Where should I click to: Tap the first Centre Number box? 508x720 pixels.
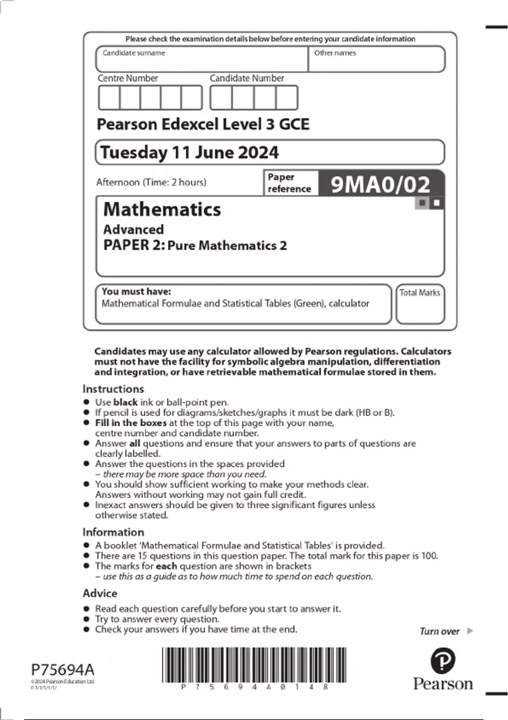[109, 98]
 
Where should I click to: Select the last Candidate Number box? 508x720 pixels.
[287, 98]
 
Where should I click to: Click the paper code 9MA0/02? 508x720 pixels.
[380, 184]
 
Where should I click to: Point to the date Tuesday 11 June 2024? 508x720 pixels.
[189, 152]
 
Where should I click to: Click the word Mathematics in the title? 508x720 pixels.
[162, 209]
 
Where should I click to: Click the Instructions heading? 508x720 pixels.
[113, 389]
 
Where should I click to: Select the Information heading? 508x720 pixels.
[113, 532]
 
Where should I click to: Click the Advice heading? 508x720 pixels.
[100, 593]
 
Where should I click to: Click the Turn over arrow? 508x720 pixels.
[469, 631]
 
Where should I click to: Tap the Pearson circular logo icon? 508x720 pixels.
[442, 661]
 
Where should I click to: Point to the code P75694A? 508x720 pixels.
[63, 670]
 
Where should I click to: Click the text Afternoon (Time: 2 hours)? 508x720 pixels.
[151, 182]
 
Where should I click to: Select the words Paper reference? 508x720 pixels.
[289, 183]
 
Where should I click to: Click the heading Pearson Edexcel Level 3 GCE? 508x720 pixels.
[203, 124]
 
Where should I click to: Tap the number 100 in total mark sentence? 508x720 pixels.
[429, 556]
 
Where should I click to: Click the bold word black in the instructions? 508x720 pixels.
[125, 402]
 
